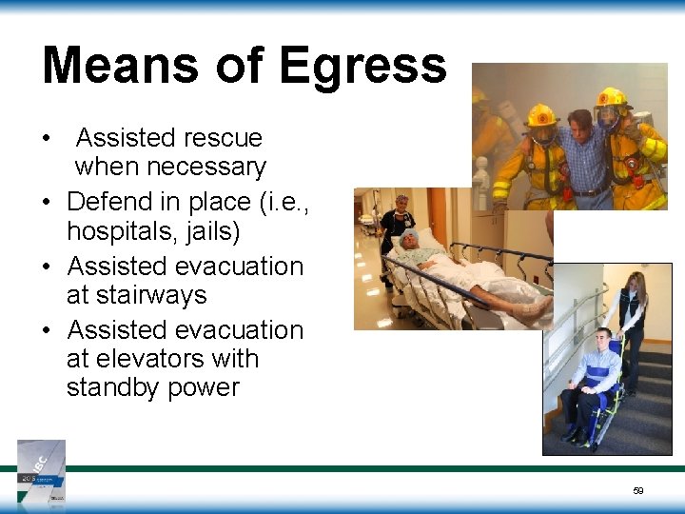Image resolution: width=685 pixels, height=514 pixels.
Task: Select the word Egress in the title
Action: [362, 67]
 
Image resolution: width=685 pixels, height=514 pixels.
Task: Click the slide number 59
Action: [638, 491]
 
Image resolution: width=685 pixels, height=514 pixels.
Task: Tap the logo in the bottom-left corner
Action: [42, 470]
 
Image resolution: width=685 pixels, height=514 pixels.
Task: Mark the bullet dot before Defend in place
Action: [46, 203]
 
